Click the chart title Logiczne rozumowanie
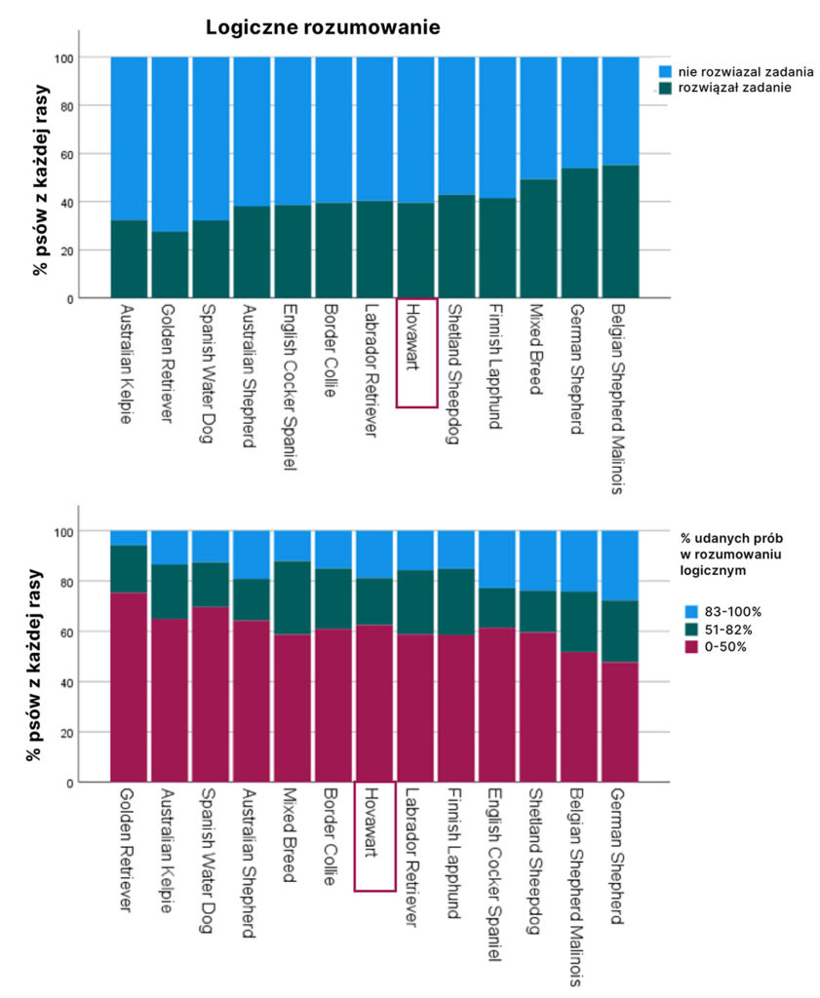(323, 29)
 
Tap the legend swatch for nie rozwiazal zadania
(666, 72)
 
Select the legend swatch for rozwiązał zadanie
(666, 88)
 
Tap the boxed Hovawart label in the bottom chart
(374, 835)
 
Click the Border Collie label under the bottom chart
(332, 840)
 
